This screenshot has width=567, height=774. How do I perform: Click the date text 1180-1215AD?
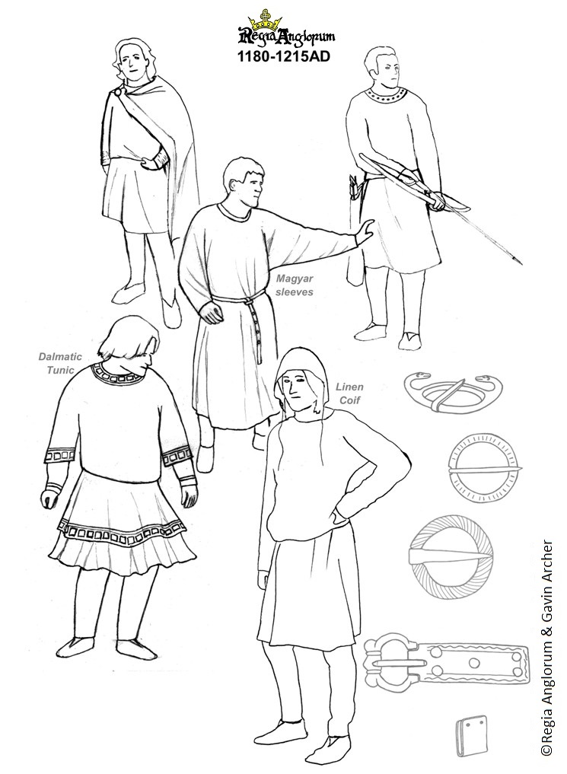point(284,57)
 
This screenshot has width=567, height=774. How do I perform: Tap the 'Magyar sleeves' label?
point(295,285)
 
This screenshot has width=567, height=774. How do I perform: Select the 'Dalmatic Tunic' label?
point(61,363)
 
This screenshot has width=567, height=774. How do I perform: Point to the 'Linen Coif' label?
point(349,393)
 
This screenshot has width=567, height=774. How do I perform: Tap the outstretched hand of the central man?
point(365,231)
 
